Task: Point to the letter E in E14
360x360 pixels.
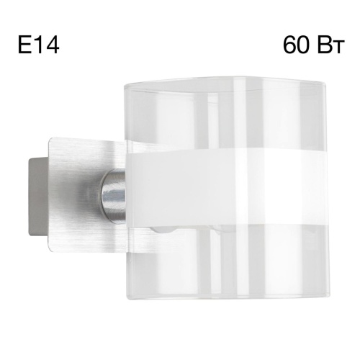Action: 23,46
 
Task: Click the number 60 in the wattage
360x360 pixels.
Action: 297,46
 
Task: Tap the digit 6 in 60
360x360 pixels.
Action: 289,46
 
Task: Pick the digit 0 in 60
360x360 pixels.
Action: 304,46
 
